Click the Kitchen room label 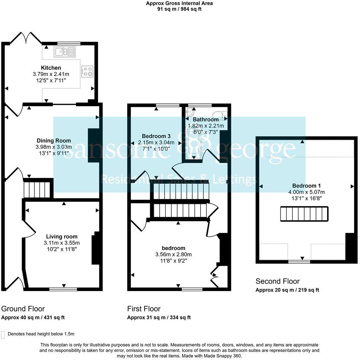(x=51, y=67)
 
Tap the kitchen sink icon (x=64, y=52)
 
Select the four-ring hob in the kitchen (x=87, y=71)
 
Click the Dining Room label (x=53, y=141)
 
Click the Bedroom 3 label (x=156, y=136)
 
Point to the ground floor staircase (x=37, y=189)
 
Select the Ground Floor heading (x=23, y=309)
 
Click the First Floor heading (x=144, y=309)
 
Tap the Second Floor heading (x=277, y=281)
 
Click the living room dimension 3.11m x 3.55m (x=62, y=243)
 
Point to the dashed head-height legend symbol (x=3, y=334)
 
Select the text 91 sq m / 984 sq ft (x=179, y=9)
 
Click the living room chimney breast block (x=96, y=250)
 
